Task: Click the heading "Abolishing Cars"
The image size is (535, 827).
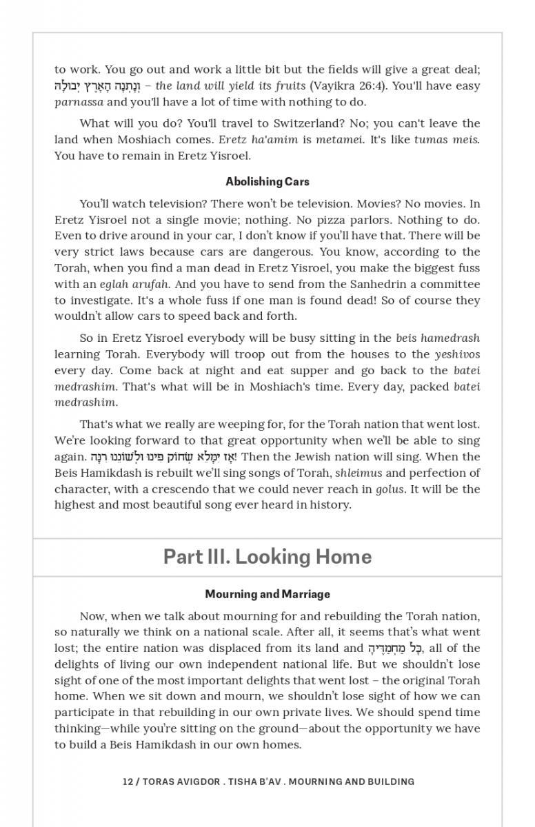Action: (267, 182)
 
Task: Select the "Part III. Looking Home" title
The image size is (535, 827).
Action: (267, 557)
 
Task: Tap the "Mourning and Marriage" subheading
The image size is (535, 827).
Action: (267, 594)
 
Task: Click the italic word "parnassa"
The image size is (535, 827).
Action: (79, 102)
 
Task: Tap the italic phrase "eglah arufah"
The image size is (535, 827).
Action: (131, 284)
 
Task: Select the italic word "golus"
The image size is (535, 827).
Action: (390, 489)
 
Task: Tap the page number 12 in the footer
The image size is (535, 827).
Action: (128, 782)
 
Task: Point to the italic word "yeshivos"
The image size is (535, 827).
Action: (457, 354)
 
